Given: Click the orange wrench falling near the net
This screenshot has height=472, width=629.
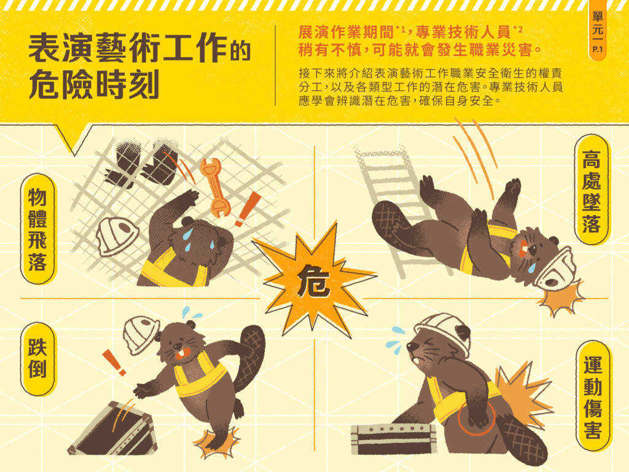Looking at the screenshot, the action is (215, 187).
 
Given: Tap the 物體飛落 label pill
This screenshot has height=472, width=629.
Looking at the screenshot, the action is (37, 229).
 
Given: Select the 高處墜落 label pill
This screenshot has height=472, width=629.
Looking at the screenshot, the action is (592, 191).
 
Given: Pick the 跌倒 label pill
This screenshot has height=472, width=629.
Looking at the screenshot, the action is (37, 358).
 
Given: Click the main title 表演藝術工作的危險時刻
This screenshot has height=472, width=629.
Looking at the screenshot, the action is (138, 66).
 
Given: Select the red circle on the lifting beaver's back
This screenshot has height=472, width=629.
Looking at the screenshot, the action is (477, 417).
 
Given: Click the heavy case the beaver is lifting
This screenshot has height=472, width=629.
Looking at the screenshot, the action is (393, 439).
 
